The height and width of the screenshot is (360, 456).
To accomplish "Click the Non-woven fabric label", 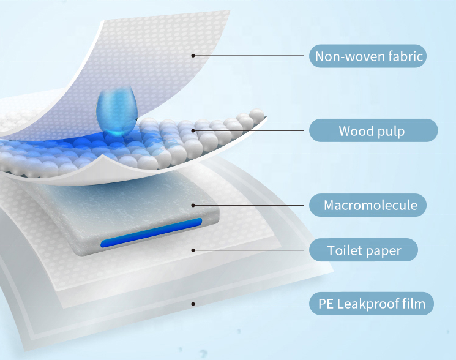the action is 368,56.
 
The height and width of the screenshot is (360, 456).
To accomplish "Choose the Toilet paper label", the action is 363,250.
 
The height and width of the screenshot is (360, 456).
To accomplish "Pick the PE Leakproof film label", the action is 371,303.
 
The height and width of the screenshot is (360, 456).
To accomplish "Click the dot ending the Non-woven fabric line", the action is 193,56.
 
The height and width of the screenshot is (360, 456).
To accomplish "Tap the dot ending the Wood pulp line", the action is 193,130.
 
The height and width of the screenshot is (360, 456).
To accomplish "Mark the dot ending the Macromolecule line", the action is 193,204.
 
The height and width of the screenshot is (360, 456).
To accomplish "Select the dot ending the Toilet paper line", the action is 193,250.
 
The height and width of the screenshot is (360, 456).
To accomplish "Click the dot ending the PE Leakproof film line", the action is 193,303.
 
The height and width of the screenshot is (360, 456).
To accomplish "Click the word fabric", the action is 405,56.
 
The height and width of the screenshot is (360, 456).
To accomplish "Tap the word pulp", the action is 391,131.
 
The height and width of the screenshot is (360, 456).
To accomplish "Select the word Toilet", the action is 343,250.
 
